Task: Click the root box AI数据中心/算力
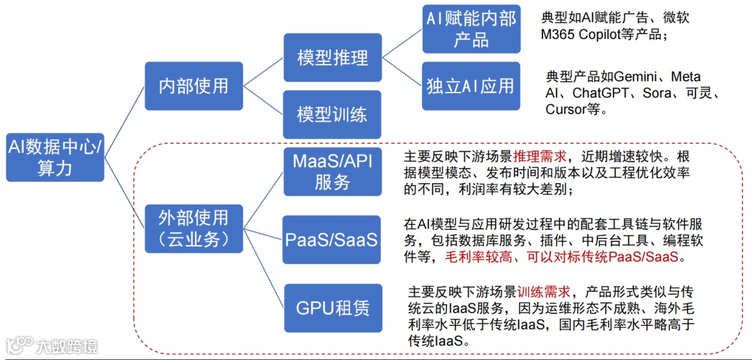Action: (x=54, y=157)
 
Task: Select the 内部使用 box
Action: (x=194, y=86)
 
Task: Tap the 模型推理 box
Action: (x=332, y=58)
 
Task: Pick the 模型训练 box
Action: (x=332, y=114)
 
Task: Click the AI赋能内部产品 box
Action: (x=471, y=29)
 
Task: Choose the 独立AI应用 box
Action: (x=471, y=86)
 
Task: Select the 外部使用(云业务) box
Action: (x=194, y=228)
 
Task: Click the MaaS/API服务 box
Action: (x=332, y=171)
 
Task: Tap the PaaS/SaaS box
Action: (x=332, y=240)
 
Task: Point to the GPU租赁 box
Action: (x=332, y=308)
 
